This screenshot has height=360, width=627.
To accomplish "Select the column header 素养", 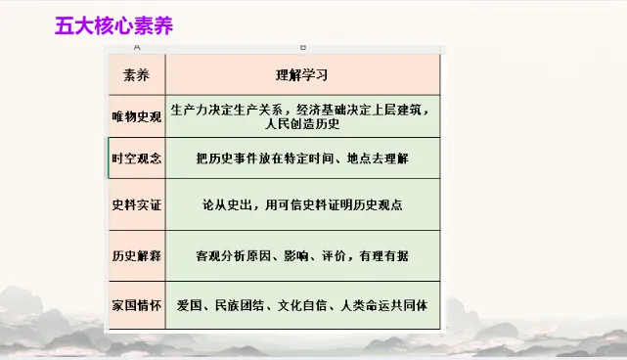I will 137,74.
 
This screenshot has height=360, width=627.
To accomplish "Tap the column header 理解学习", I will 302,74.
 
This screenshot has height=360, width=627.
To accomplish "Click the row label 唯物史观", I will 137,116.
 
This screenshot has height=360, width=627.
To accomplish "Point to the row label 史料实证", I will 137,207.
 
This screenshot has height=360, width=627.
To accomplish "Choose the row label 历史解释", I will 137,256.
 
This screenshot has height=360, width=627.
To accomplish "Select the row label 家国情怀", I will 137,305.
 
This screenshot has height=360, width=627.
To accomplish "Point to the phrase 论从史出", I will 226,207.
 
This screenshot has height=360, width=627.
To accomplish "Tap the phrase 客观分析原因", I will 238,256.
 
